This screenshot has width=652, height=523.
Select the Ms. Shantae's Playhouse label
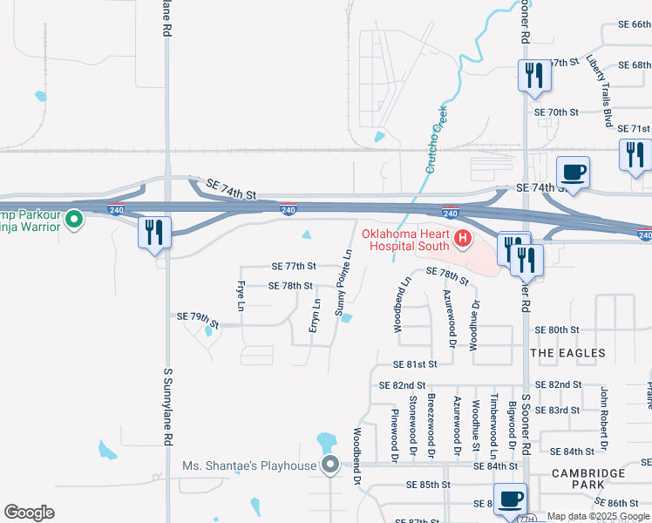click(x=249, y=465)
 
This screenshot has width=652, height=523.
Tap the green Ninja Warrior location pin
click(x=74, y=220)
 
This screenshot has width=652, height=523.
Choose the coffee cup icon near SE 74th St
click(x=573, y=172)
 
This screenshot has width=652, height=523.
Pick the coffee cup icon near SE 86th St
click(x=510, y=499)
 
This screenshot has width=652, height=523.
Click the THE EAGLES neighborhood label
click(x=567, y=353)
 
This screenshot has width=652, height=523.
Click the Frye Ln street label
click(x=240, y=294)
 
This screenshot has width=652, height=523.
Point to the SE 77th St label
click(x=294, y=266)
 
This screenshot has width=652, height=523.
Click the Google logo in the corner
click(x=29, y=513)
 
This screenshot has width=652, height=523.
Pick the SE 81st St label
click(x=414, y=363)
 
